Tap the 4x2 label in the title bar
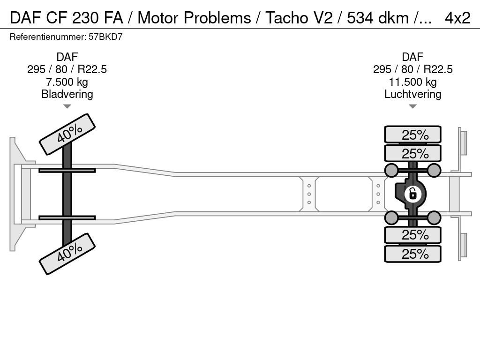457,18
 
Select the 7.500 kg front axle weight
67,82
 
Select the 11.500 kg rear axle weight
412,82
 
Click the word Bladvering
67,94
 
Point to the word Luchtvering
412,94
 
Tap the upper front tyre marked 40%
67,135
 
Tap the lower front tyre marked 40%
67,254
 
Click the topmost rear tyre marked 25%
412,135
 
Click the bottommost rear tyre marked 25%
412,254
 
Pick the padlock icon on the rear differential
412,193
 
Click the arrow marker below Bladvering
67,106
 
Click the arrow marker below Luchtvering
412,106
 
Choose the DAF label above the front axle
67,57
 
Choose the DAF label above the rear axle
412,57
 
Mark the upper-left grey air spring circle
391,170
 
